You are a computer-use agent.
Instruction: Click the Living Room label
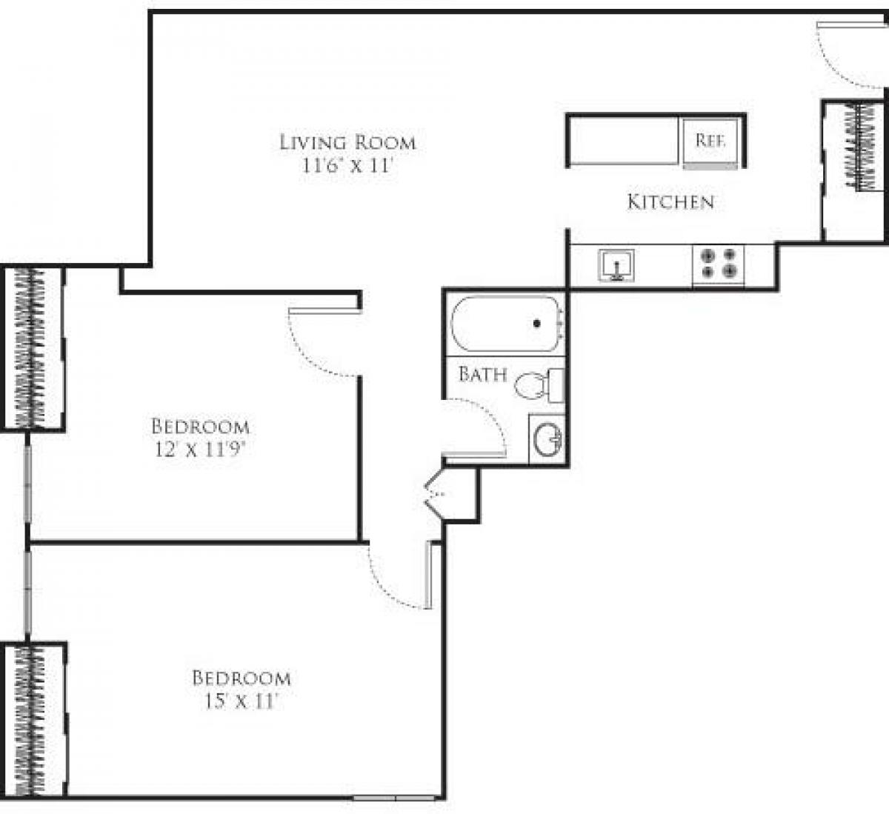click(x=347, y=142)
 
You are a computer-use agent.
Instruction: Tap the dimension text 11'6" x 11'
click(x=346, y=166)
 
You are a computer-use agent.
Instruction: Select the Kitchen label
click(x=670, y=201)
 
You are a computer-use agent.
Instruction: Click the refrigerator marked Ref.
click(x=710, y=141)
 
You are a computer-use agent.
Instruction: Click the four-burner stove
click(x=718, y=264)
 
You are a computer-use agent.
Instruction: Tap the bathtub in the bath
click(x=507, y=324)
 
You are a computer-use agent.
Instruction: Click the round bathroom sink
click(x=547, y=439)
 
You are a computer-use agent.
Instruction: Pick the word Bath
click(x=482, y=374)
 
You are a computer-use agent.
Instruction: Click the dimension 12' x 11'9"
click(x=201, y=449)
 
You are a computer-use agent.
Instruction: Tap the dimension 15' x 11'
click(x=241, y=701)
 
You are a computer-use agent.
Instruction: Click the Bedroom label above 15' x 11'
click(x=242, y=678)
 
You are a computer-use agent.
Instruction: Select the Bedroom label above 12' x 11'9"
click(x=200, y=427)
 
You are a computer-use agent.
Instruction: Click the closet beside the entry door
click(x=856, y=170)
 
